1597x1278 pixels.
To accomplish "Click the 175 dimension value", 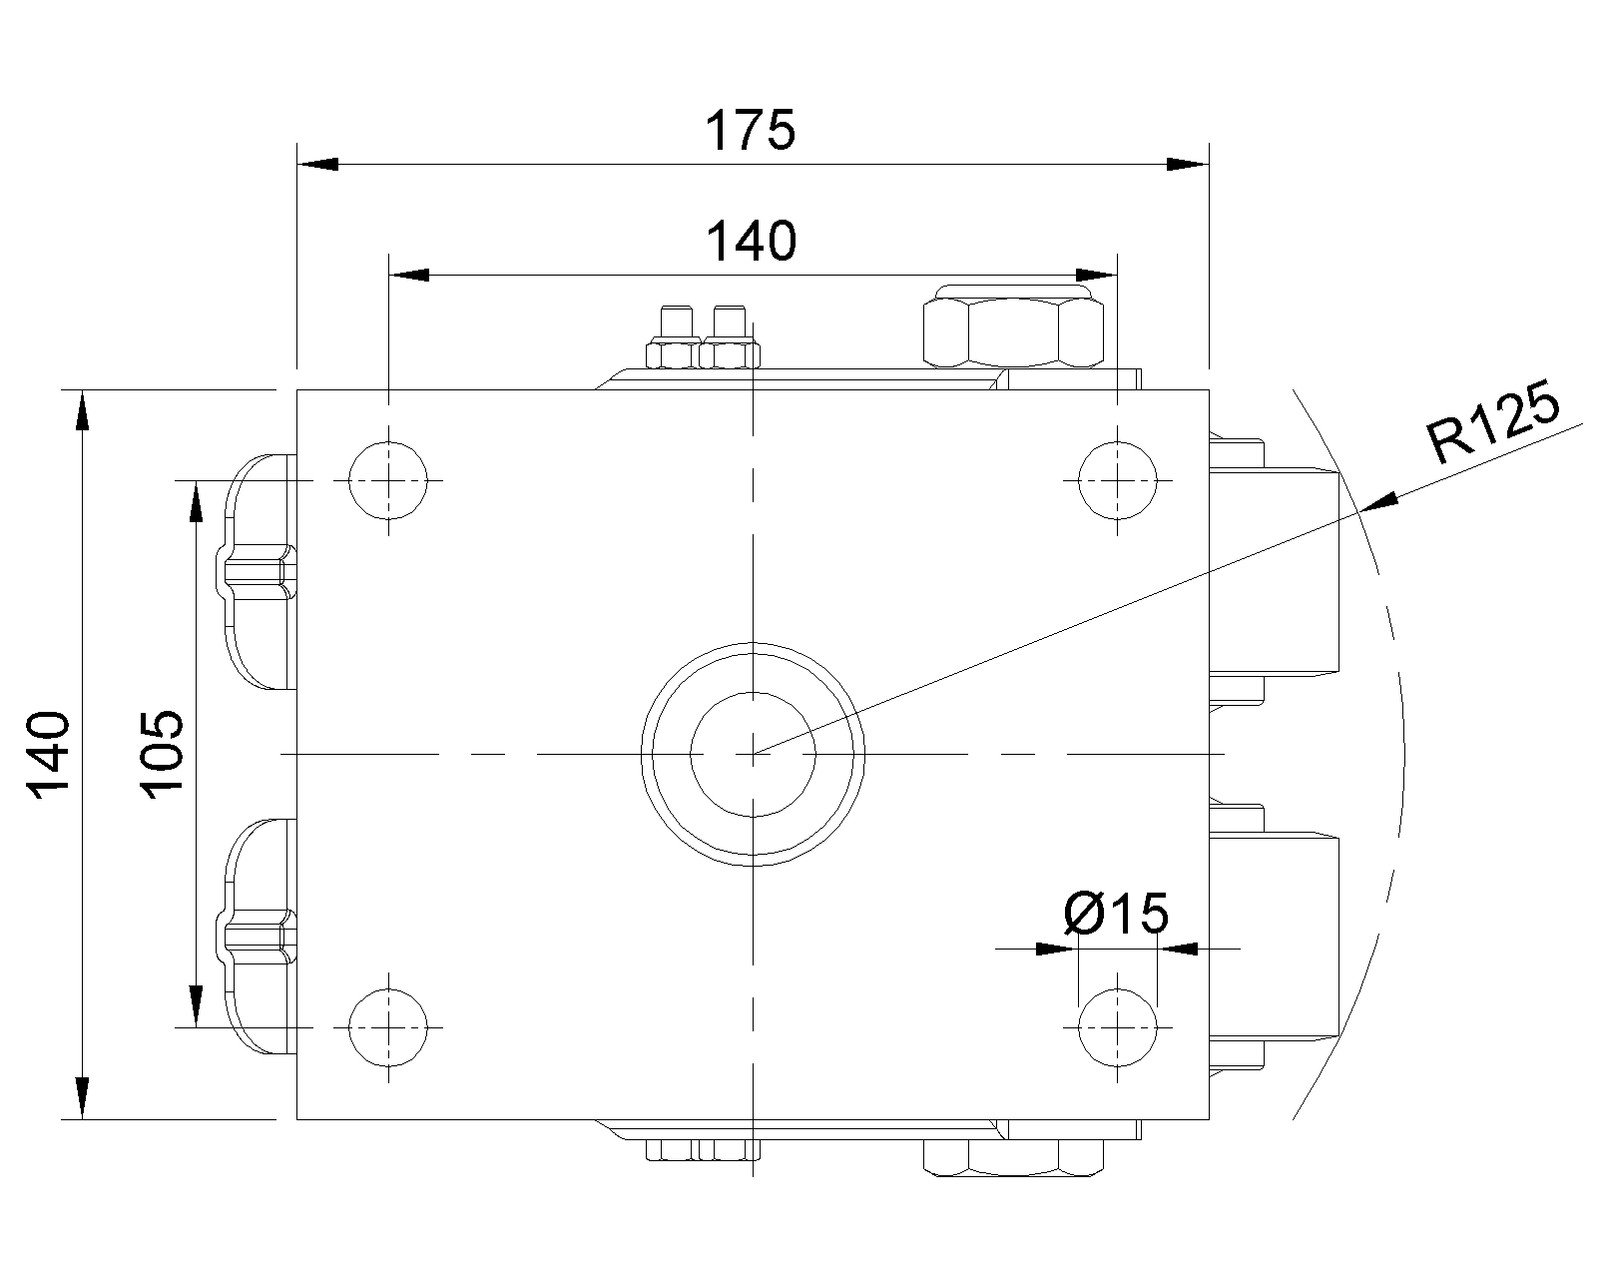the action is [750, 130].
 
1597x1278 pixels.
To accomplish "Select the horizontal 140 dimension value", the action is [751, 242].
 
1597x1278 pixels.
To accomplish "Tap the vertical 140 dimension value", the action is [49, 755].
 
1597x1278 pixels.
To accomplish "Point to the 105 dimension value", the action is [161, 755].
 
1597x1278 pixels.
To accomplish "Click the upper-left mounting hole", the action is [388, 480].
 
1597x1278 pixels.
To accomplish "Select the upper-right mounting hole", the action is [1118, 480].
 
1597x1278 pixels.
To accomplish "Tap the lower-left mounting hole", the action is [388, 1027].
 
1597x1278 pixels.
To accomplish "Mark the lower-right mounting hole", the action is [1118, 1027].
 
